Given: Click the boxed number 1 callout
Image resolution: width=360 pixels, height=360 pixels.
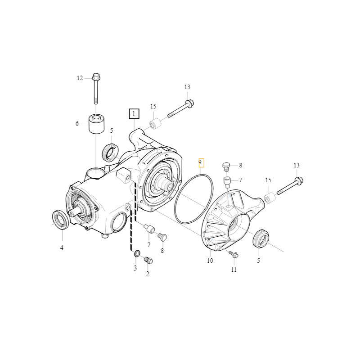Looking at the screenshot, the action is (x=134, y=114).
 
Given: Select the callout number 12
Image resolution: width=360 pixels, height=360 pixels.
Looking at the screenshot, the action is (x=80, y=78).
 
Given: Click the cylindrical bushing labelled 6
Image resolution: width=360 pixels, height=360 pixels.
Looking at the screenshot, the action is (x=96, y=124).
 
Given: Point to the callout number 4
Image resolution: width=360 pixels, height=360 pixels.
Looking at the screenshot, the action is (x=62, y=248).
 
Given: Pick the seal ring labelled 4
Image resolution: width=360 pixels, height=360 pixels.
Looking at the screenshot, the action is (x=61, y=220).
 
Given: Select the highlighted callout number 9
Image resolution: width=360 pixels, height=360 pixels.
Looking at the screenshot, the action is (x=201, y=162).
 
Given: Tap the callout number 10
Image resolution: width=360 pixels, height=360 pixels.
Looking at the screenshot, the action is (x=210, y=261).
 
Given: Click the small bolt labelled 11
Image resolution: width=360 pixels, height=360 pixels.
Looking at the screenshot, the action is (x=234, y=254).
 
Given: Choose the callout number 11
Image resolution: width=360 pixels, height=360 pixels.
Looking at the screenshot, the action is (x=234, y=270).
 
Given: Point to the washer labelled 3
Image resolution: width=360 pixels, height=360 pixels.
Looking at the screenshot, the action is (x=137, y=253).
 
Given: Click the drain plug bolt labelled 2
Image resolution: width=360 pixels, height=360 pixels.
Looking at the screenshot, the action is (x=148, y=261).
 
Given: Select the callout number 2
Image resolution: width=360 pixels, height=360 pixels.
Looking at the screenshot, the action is (x=148, y=274).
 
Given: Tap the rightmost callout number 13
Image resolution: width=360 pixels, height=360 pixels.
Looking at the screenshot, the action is (x=297, y=165).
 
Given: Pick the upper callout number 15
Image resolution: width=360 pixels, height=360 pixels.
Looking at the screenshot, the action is (x=153, y=106).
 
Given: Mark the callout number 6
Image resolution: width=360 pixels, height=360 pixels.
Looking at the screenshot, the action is (x=77, y=123).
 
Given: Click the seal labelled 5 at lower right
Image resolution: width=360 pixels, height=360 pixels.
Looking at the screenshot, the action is (x=261, y=238).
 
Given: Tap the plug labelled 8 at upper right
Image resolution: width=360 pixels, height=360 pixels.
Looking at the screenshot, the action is (x=226, y=166).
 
